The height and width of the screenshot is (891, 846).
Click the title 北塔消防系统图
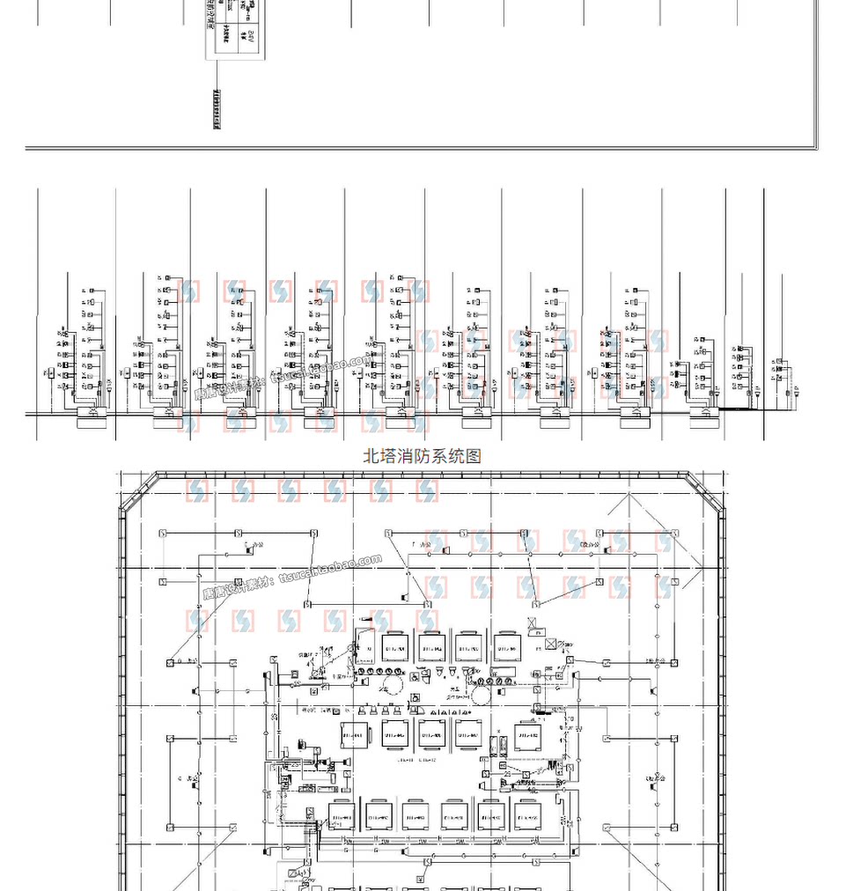423,456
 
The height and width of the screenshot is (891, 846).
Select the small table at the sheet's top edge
234,30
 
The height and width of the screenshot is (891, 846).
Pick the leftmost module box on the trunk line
90,413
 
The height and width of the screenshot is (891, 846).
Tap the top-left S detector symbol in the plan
163,534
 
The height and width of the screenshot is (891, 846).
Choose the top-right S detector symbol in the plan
675,534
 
